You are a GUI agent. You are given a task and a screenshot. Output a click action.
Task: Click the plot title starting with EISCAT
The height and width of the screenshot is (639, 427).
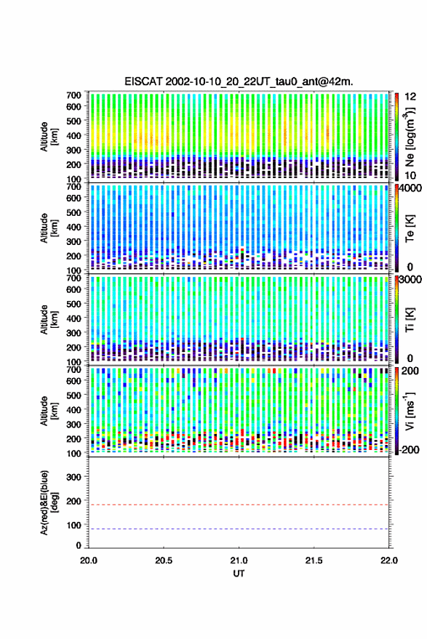pos(239,81)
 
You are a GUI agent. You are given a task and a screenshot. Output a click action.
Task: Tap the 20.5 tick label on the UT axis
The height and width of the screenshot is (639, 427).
pos(164,560)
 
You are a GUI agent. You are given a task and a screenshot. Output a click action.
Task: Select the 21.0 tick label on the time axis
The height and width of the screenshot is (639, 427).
pos(239,560)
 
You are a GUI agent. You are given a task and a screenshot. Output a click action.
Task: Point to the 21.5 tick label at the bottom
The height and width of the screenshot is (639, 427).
pos(314,560)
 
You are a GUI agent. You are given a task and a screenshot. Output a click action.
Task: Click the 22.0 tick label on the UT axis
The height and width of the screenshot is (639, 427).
pos(389,560)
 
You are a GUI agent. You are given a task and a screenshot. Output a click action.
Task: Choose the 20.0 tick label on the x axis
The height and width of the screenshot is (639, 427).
pos(89,560)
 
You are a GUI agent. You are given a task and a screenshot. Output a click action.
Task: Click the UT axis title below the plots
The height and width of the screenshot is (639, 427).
pos(239,574)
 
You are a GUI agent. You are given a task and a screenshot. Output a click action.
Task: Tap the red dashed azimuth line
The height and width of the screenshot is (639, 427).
pos(239,505)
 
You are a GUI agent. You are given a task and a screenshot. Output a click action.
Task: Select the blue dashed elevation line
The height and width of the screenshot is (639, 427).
pos(239,529)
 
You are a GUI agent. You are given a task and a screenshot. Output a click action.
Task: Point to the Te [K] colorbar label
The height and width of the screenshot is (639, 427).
pos(410,228)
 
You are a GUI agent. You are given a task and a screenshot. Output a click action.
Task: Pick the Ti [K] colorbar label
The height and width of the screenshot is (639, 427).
pos(410,320)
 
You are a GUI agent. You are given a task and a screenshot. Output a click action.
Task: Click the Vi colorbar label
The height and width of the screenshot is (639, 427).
pos(410,411)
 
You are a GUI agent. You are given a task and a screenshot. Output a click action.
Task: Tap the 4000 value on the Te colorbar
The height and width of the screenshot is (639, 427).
pos(410,189)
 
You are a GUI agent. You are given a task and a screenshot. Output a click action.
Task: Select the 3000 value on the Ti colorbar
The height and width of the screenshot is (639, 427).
pos(410,280)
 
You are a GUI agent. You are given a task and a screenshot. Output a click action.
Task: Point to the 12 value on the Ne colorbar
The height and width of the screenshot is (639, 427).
pos(410,97)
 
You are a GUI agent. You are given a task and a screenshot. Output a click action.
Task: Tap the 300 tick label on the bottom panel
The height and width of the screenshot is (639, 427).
pos(73,477)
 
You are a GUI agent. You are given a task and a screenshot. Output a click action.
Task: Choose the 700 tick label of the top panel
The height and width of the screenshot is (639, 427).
pos(73,95)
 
